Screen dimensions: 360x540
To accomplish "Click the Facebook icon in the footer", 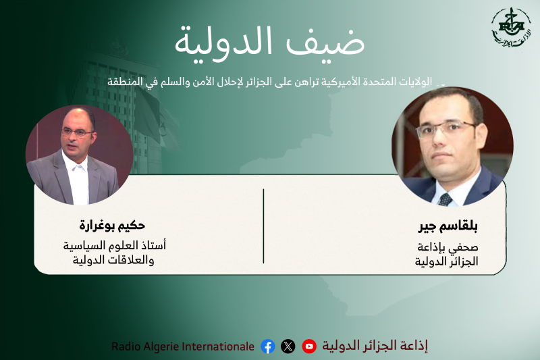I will pos(268,346).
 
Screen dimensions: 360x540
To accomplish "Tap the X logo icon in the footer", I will pos(288,346).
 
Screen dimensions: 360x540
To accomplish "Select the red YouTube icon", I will pos(309,346).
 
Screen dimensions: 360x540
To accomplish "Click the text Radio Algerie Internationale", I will pos(183,346).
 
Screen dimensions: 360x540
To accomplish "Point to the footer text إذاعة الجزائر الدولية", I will pos(375,346).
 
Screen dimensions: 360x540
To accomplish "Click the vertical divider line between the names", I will pos(263,226).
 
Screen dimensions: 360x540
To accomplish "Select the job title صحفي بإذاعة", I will pos(453,247).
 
